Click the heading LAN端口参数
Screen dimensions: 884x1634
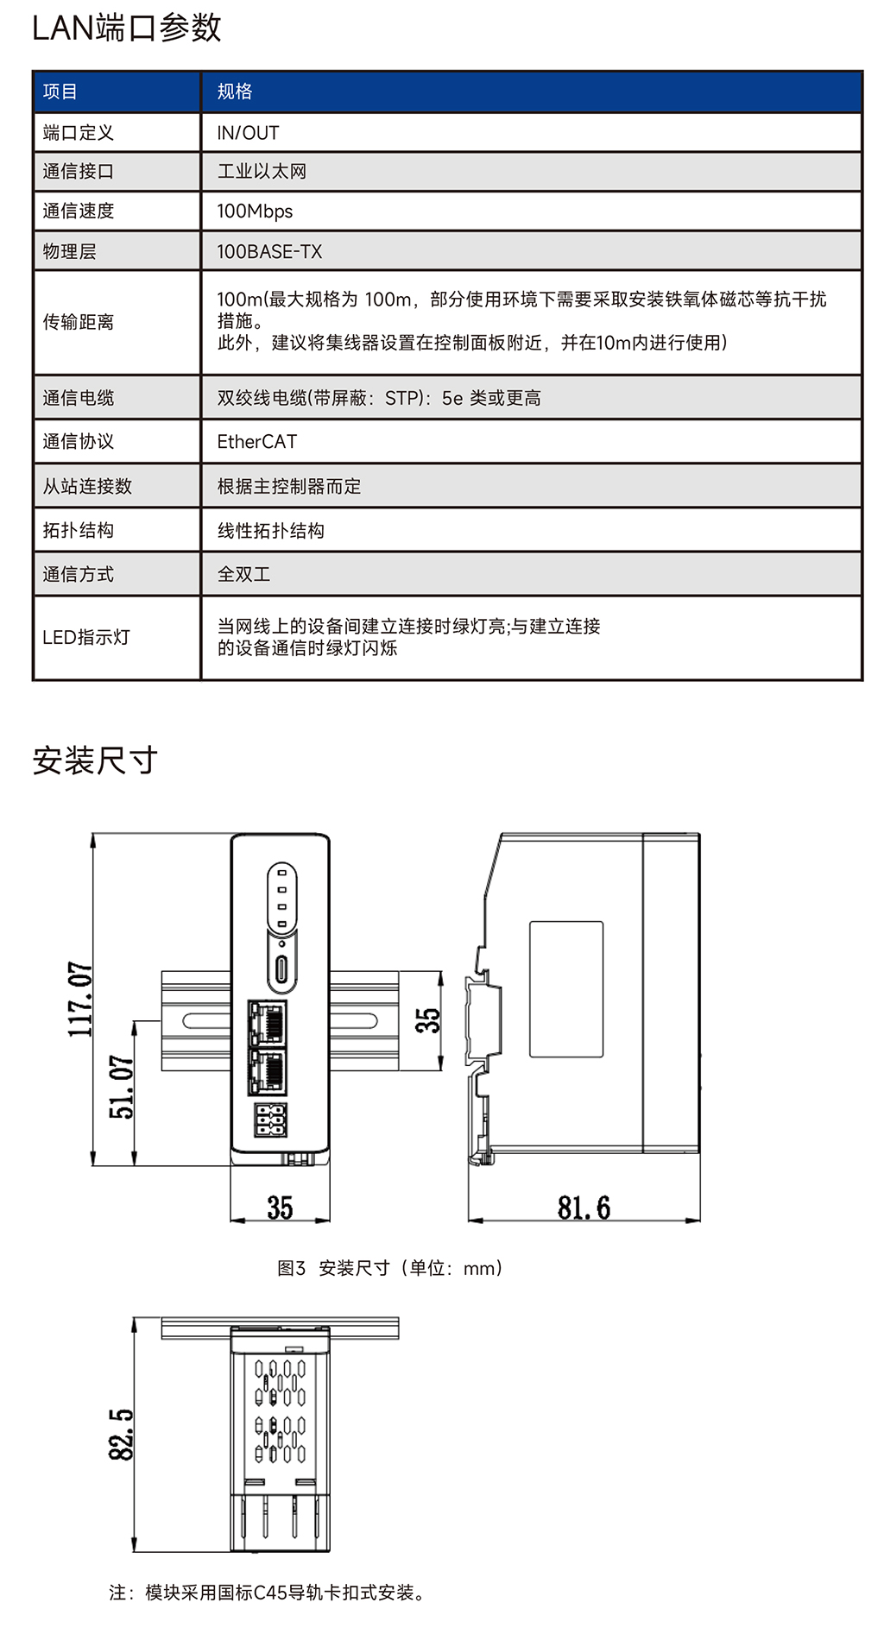pos(127,28)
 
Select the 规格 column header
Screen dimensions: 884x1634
pos(235,91)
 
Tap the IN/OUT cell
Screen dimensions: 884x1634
pos(248,133)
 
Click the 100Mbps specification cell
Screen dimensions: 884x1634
pos(255,211)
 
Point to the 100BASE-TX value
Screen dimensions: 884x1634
pos(269,252)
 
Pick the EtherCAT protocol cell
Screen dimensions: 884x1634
pos(257,442)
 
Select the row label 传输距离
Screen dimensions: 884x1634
pos(79,322)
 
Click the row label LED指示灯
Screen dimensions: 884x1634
pos(86,638)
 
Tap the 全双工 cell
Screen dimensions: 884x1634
pos(243,574)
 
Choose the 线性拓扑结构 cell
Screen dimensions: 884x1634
pos(270,531)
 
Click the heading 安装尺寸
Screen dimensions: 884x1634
pos(95,760)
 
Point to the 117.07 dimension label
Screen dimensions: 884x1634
pos(80,1000)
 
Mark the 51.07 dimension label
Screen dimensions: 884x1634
pos(121,1088)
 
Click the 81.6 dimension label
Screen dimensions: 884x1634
pos(584,1208)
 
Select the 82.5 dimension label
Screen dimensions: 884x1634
pos(121,1435)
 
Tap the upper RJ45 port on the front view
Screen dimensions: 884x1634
pos(267,1022)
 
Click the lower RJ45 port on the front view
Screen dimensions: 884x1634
pos(267,1071)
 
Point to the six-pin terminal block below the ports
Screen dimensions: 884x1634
pos(270,1120)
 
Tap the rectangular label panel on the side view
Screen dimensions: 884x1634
pos(566,989)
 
